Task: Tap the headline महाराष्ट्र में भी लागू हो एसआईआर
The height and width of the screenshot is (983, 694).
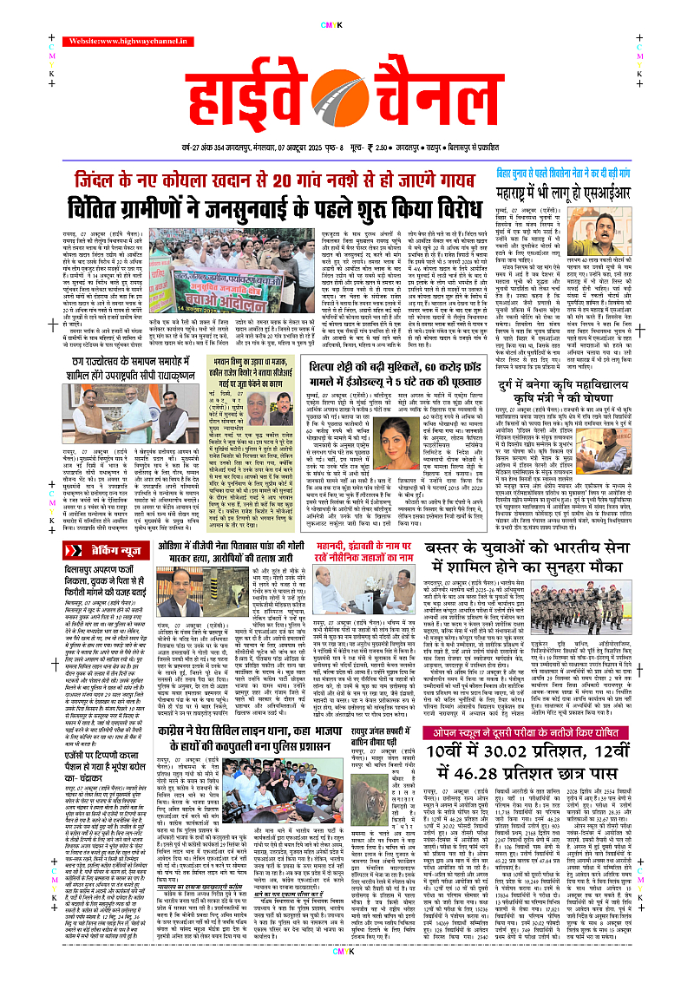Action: coord(579,188)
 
